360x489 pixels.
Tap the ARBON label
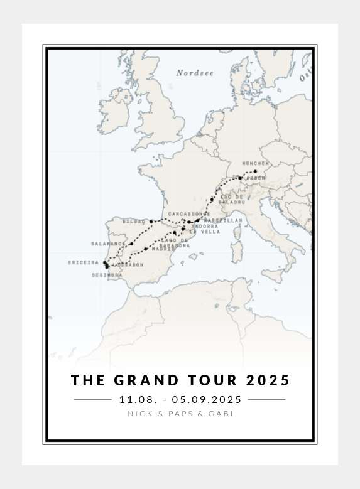(x=256, y=178)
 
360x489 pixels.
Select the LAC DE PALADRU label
(x=232, y=200)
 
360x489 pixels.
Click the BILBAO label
(x=133, y=222)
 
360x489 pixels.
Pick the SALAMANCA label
(x=107, y=244)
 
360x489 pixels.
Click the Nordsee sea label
(x=195, y=73)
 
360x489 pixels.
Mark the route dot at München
(x=255, y=171)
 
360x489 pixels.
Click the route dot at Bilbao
(x=151, y=222)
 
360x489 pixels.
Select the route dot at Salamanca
(x=131, y=244)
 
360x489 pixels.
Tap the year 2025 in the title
(x=268, y=380)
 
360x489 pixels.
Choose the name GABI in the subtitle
(x=221, y=414)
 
